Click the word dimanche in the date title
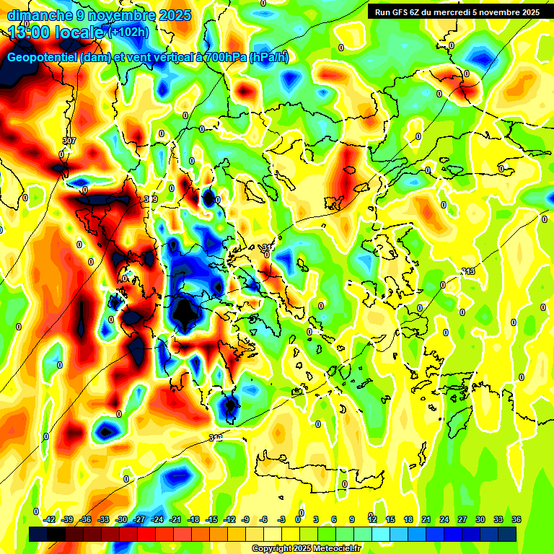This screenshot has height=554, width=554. click(x=39, y=15)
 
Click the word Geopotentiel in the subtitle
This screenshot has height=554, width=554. click(x=43, y=58)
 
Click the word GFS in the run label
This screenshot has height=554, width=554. click(x=403, y=12)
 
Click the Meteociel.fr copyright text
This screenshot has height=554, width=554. click(x=307, y=548)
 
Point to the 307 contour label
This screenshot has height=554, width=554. click(x=69, y=140)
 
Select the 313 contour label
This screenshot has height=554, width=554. click(x=468, y=271)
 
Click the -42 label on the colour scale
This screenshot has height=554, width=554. click(x=50, y=519)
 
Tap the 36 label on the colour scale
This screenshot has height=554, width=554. click(x=516, y=519)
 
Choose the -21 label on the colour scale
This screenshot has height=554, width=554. click(x=175, y=519)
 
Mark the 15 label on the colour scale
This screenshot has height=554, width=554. click(x=390, y=519)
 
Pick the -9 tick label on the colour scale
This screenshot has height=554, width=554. click(x=246, y=519)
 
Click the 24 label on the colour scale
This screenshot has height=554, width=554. click(x=444, y=519)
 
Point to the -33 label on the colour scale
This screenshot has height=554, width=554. click(x=104, y=519)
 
